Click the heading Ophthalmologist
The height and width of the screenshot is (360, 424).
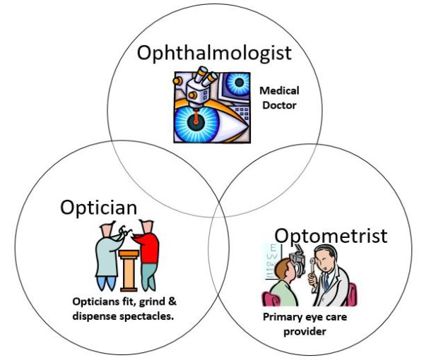click(214, 53)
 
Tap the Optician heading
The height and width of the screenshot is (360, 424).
click(99, 208)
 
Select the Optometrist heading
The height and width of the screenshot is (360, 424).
click(331, 236)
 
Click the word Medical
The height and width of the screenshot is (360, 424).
click(279, 91)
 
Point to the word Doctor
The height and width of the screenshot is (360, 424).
click(279, 105)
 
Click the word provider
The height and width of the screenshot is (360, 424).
click(305, 331)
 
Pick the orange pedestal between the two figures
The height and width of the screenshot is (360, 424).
click(129, 270)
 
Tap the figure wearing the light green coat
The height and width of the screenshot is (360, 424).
click(108, 256)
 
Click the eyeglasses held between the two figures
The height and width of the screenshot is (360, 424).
click(126, 232)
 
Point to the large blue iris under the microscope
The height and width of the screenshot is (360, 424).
click(196, 124)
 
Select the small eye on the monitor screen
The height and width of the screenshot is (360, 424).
click(239, 83)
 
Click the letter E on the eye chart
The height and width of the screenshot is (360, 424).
click(273, 247)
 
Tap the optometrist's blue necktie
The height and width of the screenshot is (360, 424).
click(326, 282)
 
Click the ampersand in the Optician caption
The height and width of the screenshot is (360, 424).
click(172, 301)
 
